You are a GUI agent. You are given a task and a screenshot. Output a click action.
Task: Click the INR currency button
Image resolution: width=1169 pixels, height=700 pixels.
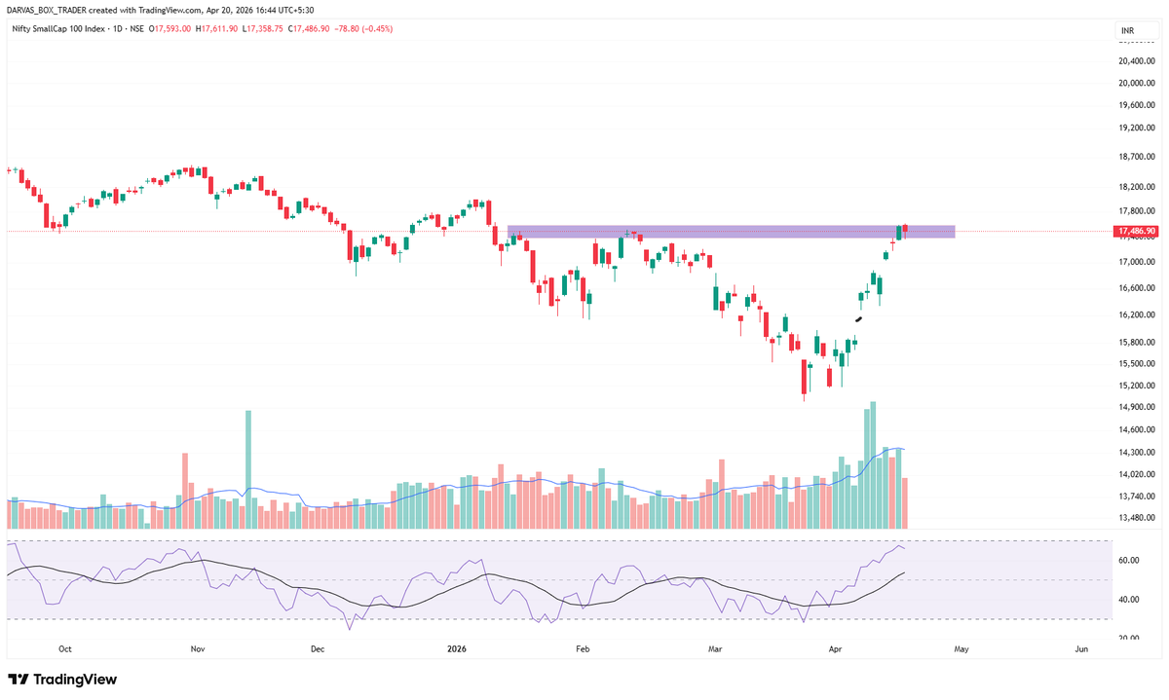tap(1128, 32)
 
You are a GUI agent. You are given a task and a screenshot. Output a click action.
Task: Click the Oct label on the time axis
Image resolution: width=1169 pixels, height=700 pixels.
tap(65, 647)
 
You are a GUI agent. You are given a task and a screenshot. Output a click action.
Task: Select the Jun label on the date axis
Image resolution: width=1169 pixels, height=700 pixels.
tap(1081, 647)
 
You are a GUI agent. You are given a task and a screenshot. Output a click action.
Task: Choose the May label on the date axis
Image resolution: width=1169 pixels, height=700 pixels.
tap(961, 647)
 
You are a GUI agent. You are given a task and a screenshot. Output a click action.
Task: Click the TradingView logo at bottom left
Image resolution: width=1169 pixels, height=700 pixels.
tap(62, 679)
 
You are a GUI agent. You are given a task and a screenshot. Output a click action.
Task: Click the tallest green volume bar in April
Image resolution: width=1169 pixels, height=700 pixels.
tap(873, 465)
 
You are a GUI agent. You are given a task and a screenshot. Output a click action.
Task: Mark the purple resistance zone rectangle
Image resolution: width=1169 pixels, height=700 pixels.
tap(731, 232)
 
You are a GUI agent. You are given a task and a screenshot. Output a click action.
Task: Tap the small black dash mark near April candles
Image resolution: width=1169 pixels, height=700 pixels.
tap(859, 318)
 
